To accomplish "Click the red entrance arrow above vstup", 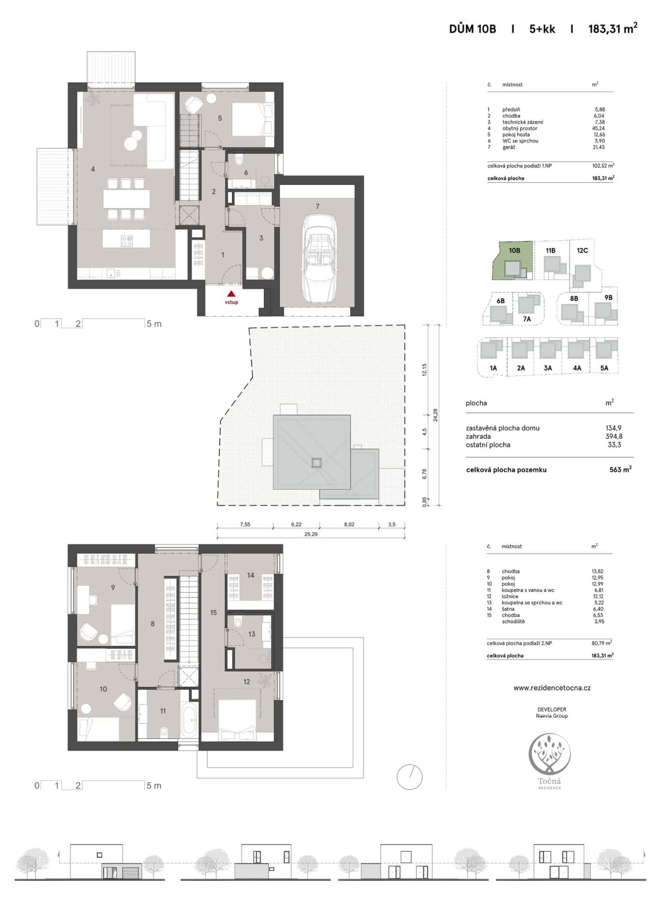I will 231,294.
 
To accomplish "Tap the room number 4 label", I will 93,169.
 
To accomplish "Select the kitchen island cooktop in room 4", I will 127,240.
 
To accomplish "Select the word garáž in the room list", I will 508,147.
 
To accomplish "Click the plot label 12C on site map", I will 582,251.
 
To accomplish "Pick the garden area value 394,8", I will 614,436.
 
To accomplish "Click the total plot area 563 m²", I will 620,469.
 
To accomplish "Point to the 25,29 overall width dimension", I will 311,534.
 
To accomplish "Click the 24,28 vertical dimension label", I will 435,415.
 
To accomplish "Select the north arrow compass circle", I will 410,777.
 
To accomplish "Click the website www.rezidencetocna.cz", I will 552,688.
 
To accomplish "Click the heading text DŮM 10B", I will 472,29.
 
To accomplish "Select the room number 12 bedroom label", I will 247,682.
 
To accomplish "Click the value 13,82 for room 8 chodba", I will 598,571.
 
